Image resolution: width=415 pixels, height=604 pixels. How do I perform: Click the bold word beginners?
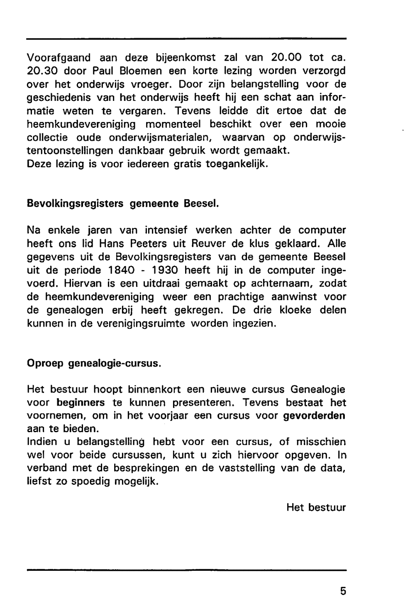click(x=81, y=403)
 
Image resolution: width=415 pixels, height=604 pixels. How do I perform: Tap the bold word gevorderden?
click(x=314, y=416)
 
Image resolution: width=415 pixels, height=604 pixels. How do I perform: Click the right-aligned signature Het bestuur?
click(x=316, y=507)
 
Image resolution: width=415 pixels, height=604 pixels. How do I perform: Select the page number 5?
click(x=343, y=591)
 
